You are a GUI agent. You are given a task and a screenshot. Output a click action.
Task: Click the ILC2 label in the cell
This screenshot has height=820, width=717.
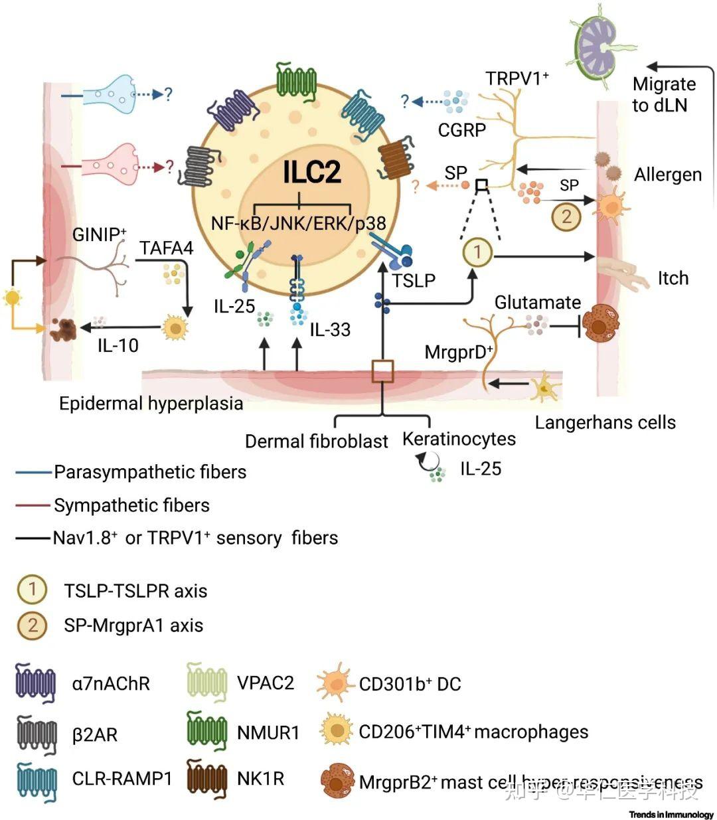tap(312, 171)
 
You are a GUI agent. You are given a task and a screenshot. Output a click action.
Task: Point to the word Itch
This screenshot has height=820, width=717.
tap(673, 278)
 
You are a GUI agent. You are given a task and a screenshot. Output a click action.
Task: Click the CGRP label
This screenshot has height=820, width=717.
tap(461, 129)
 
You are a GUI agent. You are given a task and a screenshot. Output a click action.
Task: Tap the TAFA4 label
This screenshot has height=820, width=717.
tap(167, 248)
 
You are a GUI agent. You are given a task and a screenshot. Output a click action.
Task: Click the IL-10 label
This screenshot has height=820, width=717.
tap(118, 345)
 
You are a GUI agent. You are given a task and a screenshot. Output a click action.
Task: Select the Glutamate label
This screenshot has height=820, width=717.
tap(537, 303)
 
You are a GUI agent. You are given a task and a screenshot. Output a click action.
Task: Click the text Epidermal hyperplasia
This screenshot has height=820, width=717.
tap(151, 404)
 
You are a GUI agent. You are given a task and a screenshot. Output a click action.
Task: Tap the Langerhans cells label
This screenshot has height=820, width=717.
tap(605, 423)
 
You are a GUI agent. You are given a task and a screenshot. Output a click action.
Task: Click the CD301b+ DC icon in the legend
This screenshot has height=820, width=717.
tap(336, 684)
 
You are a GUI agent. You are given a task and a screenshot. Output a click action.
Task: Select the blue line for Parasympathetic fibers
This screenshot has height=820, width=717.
tap(33, 473)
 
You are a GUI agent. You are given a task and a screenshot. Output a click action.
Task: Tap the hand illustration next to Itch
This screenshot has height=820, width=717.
tap(621, 274)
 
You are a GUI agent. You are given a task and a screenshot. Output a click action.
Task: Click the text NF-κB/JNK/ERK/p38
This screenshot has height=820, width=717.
tap(298, 223)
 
